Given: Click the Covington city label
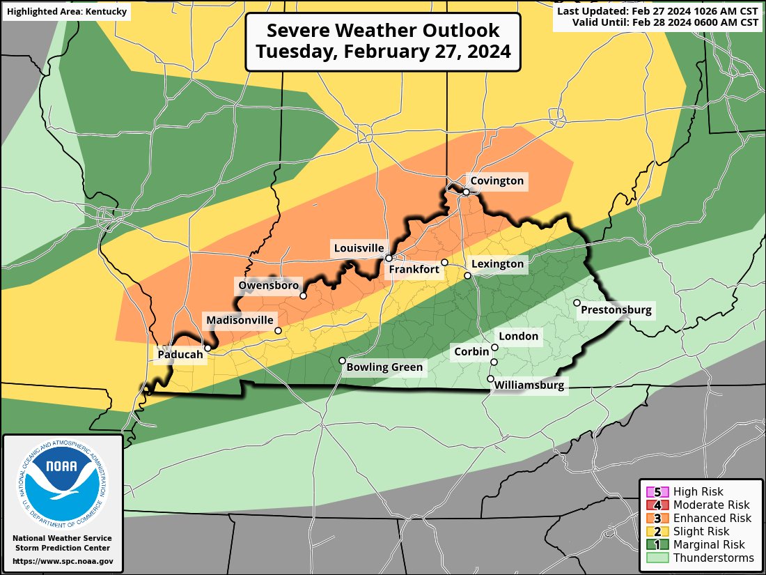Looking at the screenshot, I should pyautogui.click(x=497, y=181).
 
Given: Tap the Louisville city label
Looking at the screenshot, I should pyautogui.click(x=359, y=248).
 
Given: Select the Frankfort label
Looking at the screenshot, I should pyautogui.click(x=414, y=269).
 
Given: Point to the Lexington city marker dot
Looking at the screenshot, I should pyautogui.click(x=468, y=275).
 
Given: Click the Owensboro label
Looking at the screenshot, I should pyautogui.click(x=269, y=285).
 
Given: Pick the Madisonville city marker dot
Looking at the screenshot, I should pyautogui.click(x=278, y=330).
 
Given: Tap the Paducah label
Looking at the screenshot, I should pyautogui.click(x=180, y=355).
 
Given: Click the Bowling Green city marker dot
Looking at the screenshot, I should pyautogui.click(x=342, y=360).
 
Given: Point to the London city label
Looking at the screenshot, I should pyautogui.click(x=519, y=337).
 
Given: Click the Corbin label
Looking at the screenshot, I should pyautogui.click(x=471, y=352).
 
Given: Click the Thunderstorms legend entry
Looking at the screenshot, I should pyautogui.click(x=699, y=558).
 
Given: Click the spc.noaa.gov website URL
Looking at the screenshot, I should pyautogui.click(x=63, y=561).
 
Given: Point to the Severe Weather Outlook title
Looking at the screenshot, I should pyautogui.click(x=383, y=42).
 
